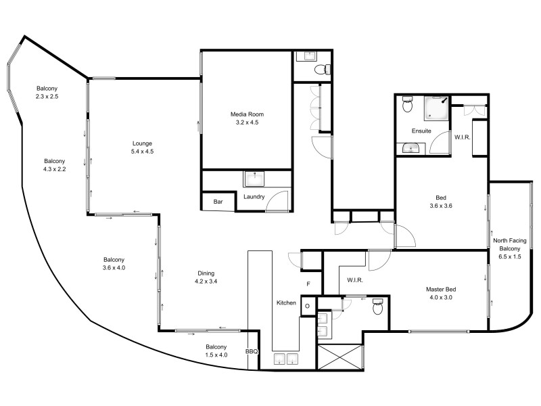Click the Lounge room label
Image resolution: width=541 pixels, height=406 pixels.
pyautogui.click(x=143, y=148)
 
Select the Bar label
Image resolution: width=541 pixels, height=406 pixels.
pyautogui.click(x=218, y=202)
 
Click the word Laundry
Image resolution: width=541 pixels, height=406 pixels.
pyautogui.click(x=254, y=197)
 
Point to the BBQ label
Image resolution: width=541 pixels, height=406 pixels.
pyautogui.click(x=252, y=351)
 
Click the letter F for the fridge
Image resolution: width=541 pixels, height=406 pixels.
pyautogui.click(x=308, y=284)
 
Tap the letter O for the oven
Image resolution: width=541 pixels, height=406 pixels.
pyautogui.click(x=306, y=305)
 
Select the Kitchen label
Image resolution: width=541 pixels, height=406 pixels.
pyautogui.click(x=286, y=302)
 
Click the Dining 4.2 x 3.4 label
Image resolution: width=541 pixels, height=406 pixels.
pyautogui.click(x=206, y=277)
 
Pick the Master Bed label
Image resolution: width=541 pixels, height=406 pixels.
pyautogui.click(x=439, y=293)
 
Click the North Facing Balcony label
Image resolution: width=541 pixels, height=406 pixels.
pyautogui.click(x=510, y=248)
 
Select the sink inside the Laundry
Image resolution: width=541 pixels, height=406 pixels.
pyautogui.click(x=254, y=179)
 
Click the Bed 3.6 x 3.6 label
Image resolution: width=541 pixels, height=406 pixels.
pyautogui.click(x=439, y=202)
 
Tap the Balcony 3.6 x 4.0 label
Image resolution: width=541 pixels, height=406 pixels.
pyautogui.click(x=114, y=264)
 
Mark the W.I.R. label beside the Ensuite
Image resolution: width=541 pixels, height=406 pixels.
pyautogui.click(x=463, y=137)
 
